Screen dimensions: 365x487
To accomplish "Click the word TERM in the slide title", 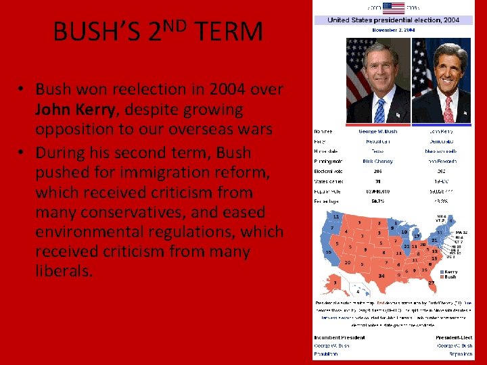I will [x=229, y=32].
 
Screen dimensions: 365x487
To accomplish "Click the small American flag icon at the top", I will [x=393, y=7].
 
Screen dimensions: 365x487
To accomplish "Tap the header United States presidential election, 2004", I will [x=393, y=20].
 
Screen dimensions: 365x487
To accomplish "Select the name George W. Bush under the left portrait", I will [x=377, y=131].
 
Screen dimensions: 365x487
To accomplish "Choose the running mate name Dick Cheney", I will [x=377, y=162].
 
